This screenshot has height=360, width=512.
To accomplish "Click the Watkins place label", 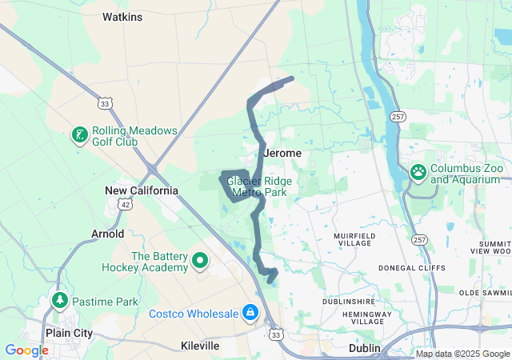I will (122, 16).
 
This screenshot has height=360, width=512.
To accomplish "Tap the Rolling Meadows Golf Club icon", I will (80, 135).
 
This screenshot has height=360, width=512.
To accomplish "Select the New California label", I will (142, 190).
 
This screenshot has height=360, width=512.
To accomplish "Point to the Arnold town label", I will (108, 234).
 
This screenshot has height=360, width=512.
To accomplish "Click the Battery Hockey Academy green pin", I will (200, 260).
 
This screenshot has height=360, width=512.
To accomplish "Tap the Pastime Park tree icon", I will (59, 301).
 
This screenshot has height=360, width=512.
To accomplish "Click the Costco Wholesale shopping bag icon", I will (250, 312).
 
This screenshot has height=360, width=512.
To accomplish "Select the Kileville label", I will (199, 346).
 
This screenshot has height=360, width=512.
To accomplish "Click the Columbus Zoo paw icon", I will (418, 171).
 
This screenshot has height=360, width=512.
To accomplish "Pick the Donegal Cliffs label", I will (413, 270).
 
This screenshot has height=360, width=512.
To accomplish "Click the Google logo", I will (26, 350).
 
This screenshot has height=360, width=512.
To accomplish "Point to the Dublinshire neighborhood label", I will (349, 302).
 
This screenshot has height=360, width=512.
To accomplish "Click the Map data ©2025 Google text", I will (462, 354).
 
